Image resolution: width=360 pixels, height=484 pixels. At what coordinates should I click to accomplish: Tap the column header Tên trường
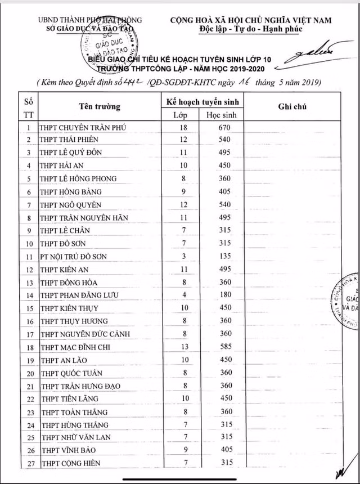pyautogui.click(x=99, y=107)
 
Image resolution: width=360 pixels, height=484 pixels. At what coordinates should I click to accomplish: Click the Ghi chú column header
pyautogui.click(x=291, y=107)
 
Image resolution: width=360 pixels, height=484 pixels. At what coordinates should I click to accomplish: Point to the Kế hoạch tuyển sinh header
pyautogui.click(x=200, y=101)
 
